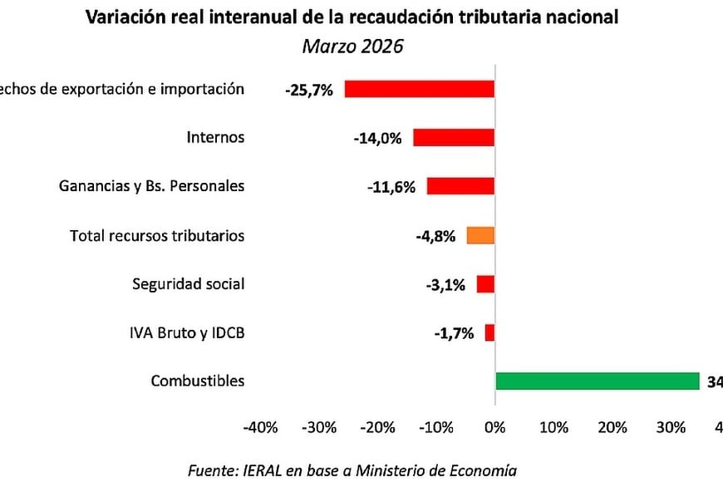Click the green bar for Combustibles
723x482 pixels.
tap(597, 381)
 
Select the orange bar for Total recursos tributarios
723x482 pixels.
tap(480, 235)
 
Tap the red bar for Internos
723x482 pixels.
tap(454, 138)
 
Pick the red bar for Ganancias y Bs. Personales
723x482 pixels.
tap(460, 186)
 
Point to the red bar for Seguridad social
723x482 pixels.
tap(485, 284)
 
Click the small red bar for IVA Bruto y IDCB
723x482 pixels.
tap(489, 332)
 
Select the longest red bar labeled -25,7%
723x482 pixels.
tap(420, 89)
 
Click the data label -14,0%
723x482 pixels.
tap(376, 139)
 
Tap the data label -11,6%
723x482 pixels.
tap(391, 187)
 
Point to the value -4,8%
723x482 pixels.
tap(435, 236)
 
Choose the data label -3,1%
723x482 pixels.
tap(445, 285)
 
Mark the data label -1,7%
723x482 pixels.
tap(454, 333)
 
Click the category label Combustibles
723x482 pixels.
tap(198, 381)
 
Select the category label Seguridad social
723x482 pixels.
tap(189, 284)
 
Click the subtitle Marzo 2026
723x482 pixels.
tap(352, 46)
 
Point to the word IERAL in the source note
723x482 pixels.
tap(262, 470)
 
